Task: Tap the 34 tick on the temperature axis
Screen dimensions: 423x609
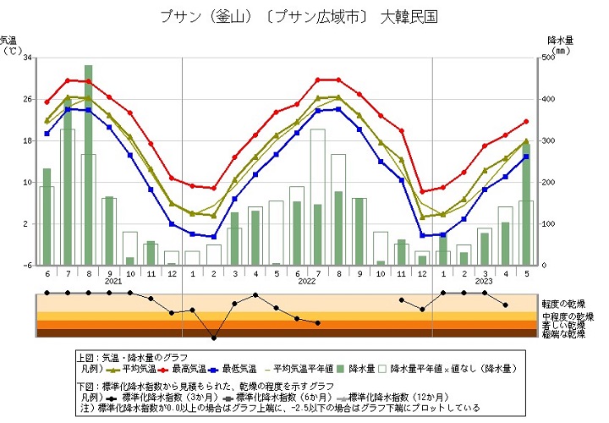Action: [28, 58]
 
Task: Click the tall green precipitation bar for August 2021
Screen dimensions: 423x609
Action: [88, 165]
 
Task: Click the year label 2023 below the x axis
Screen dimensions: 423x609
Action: [484, 281]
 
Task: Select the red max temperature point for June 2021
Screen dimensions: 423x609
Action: [47, 102]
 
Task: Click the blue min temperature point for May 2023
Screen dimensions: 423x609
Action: [526, 157]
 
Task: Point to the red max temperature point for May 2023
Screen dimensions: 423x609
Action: [526, 122]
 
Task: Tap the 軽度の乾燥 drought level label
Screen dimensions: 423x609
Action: [563, 303]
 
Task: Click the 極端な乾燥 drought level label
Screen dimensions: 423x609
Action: [563, 333]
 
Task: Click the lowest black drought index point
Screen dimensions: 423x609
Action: [213, 338]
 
